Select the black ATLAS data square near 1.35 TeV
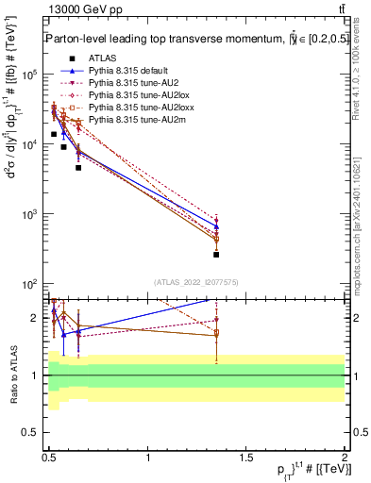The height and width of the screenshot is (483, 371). click(x=216, y=255)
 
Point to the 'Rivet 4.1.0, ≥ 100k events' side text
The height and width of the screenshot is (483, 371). click(x=363, y=75)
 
